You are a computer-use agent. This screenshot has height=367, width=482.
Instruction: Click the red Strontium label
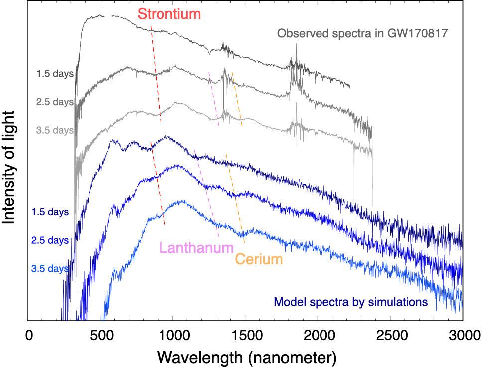tap(169, 14)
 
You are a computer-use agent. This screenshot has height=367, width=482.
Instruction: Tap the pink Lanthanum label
tap(196, 248)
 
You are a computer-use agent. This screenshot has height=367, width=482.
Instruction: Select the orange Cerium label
tap(259, 259)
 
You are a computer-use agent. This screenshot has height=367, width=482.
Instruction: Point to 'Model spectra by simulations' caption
tap(351, 302)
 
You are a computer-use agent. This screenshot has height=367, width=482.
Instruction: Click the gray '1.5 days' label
tap(55, 74)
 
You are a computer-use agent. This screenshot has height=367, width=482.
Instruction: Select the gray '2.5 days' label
tap(55, 102)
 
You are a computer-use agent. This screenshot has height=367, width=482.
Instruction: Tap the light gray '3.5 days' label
tap(55, 131)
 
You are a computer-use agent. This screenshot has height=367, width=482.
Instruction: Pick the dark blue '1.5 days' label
tap(50, 212)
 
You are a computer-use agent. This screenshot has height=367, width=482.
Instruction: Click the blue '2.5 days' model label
tap(50, 240)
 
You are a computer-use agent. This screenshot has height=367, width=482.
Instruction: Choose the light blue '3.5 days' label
tap(50, 269)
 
